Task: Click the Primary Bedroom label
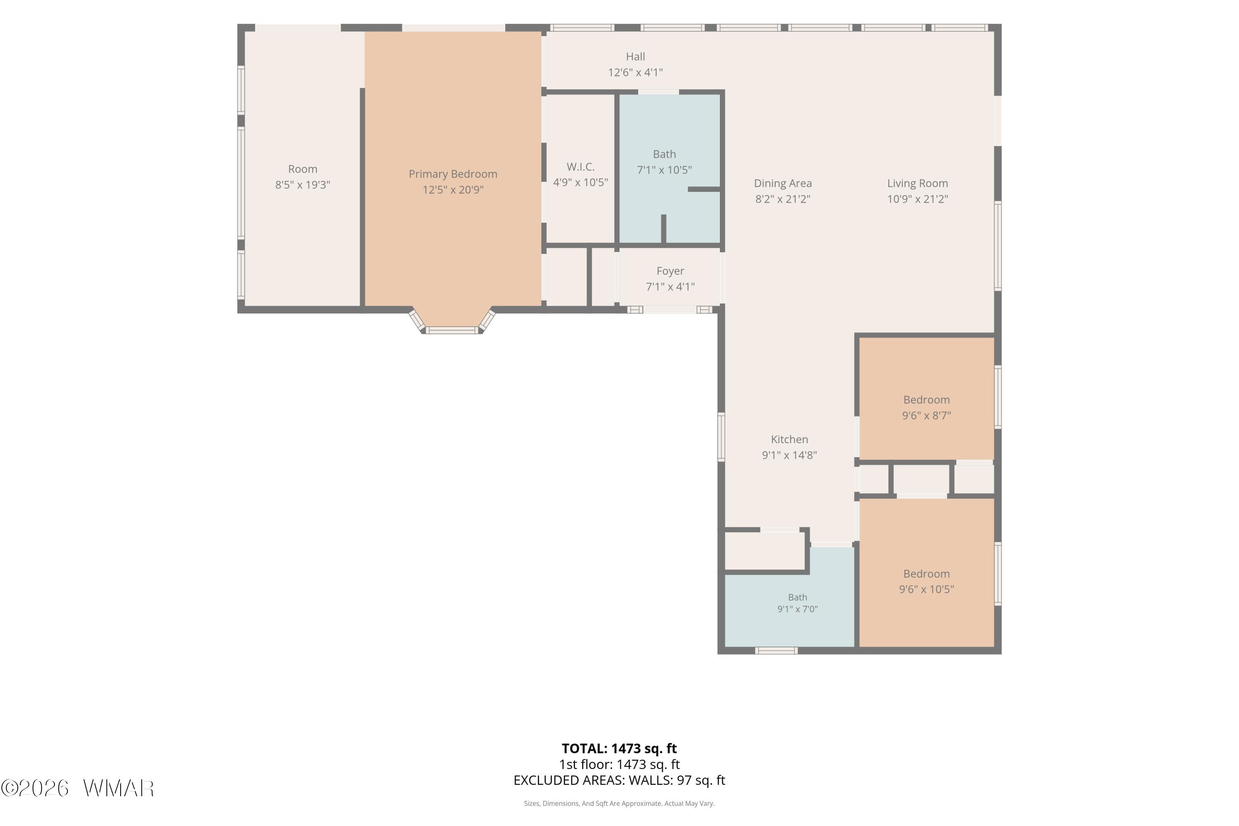coord(453,174)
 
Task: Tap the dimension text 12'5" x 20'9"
coord(453,190)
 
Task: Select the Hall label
coord(635,56)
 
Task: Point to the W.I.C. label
coord(581,167)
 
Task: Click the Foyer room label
coord(670,271)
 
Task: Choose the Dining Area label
coord(783,183)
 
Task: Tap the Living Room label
coord(917,183)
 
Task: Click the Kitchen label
coord(789,439)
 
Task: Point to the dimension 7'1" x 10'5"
coord(664,170)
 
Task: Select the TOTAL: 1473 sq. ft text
coord(619,748)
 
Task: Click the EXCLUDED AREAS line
coord(619,781)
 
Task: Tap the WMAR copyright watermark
coord(78,788)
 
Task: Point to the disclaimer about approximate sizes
coord(619,804)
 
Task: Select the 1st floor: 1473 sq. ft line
coord(619,765)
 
